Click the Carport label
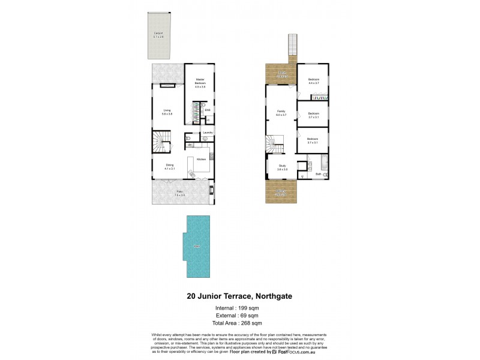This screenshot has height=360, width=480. point(158,34)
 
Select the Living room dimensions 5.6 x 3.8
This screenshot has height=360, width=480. point(167,113)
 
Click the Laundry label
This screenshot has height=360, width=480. point(208,132)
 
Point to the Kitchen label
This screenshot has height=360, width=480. point(202,158)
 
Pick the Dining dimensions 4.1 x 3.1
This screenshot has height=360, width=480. point(170,169)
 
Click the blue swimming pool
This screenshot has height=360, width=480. point(196,247)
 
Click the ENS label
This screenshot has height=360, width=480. point(207,110)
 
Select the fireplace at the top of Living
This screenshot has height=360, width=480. point(167,86)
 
